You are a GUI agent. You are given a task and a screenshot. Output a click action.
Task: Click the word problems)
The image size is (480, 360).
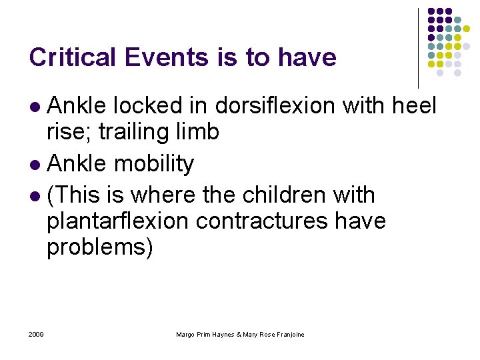click(99, 247)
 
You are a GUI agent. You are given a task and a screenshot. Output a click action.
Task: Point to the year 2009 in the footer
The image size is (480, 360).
click(37, 334)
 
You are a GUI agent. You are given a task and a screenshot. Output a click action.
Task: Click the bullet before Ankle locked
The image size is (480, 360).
click(36, 107)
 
